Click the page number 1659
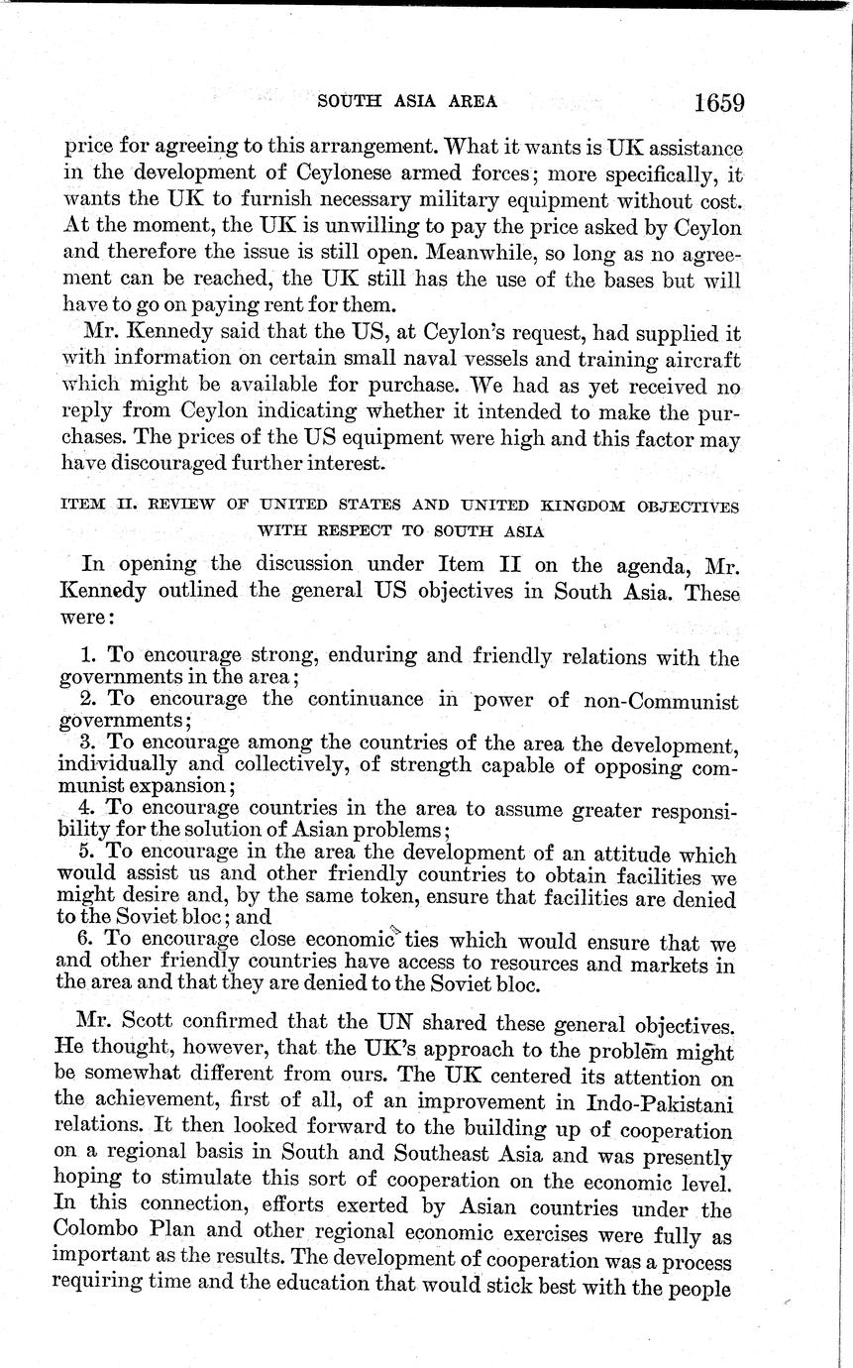(718, 103)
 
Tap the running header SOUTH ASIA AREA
(406, 101)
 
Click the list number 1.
(87, 657)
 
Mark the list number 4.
(86, 807)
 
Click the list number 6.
(85, 941)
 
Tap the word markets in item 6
(674, 964)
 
